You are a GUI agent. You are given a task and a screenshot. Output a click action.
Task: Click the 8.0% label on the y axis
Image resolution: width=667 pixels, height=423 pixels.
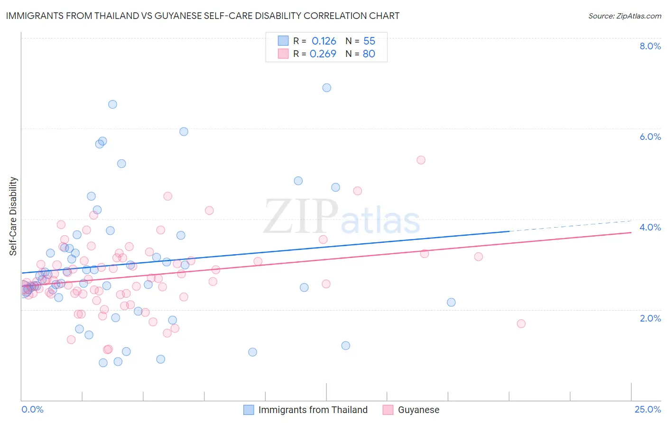click(x=650, y=46)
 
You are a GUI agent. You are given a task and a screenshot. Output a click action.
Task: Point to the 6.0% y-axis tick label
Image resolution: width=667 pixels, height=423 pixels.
click(x=650, y=137)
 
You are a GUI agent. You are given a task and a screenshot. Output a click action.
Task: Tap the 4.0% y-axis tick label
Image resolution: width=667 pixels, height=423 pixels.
click(x=650, y=227)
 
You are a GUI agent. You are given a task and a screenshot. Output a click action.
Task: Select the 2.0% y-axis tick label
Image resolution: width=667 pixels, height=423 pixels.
click(x=650, y=318)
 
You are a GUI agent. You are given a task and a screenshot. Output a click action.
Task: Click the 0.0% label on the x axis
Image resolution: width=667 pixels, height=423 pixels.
click(x=32, y=409)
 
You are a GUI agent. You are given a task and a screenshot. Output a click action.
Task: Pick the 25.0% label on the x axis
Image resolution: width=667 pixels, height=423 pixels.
click(x=648, y=409)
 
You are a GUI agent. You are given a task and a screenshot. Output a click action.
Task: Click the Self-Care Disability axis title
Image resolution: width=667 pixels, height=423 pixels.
click(x=13, y=216)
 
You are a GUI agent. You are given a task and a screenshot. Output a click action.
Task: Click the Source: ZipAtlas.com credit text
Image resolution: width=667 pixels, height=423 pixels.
click(x=624, y=16)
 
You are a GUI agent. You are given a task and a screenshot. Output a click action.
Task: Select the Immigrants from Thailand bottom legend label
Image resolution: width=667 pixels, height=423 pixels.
click(x=313, y=410)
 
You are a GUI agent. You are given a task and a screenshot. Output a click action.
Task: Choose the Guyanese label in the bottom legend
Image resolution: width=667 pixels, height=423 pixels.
click(x=418, y=410)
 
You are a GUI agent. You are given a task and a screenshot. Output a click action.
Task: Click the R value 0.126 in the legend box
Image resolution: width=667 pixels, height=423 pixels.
click(x=324, y=41)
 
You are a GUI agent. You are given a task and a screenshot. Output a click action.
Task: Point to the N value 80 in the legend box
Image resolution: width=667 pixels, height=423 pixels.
click(x=369, y=54)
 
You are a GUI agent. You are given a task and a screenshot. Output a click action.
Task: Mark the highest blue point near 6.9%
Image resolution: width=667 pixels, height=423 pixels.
click(x=326, y=88)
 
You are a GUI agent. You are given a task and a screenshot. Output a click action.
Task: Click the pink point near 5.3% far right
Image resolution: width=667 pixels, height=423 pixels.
click(x=421, y=160)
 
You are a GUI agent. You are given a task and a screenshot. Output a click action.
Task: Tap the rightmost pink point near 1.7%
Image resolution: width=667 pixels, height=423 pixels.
click(x=521, y=323)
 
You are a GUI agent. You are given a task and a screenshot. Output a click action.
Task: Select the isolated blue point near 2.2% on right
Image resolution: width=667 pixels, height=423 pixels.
click(x=451, y=302)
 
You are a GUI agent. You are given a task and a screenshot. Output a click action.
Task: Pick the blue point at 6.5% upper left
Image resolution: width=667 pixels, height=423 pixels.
click(x=112, y=104)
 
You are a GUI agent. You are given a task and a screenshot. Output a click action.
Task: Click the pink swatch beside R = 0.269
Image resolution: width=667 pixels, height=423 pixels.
click(x=283, y=54)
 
